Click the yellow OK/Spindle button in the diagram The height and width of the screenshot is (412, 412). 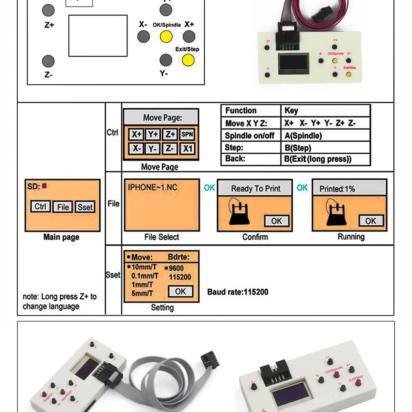pyautogui.click(x=166, y=37)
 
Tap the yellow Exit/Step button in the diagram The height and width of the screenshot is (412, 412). pyautogui.click(x=188, y=60)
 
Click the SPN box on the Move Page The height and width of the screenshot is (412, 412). pyautogui.click(x=187, y=134)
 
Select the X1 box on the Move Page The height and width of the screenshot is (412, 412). pyautogui.click(x=188, y=149)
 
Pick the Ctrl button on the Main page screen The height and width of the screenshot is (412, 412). pyautogui.click(x=40, y=207)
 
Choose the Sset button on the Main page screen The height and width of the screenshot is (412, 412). pyautogui.click(x=85, y=207)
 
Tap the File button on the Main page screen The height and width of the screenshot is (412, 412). pyautogui.click(x=63, y=207)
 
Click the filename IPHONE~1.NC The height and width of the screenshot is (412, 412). pyautogui.click(x=152, y=187)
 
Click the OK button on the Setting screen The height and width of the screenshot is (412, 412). pyautogui.click(x=180, y=291)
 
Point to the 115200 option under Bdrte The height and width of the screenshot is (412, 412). pyautogui.click(x=180, y=277)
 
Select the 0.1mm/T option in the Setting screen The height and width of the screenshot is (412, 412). pyautogui.click(x=145, y=276)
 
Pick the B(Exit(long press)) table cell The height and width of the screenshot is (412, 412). pyautogui.click(x=318, y=159)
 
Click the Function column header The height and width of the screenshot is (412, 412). pyautogui.click(x=241, y=110)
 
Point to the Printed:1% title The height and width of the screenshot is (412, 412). pyautogui.click(x=337, y=189)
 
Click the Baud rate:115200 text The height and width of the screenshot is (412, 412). pyautogui.click(x=238, y=292)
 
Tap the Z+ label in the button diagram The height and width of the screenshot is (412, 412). pyautogui.click(x=49, y=25)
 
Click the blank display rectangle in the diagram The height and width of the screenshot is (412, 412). pyautogui.click(x=98, y=36)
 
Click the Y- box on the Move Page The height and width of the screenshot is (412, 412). pyautogui.click(x=152, y=149)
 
